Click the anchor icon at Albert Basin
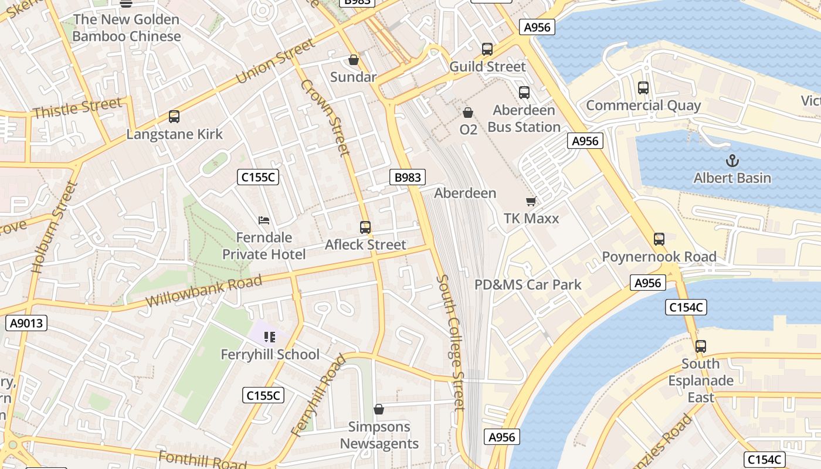click(732, 160)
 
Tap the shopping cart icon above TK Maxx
click(531, 202)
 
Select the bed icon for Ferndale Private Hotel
click(264, 220)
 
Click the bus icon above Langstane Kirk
click(174, 117)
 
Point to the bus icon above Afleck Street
click(365, 227)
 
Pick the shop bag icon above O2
click(468, 112)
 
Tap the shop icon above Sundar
click(354, 60)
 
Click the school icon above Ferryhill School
click(270, 337)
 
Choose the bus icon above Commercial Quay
click(643, 88)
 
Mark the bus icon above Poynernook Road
click(659, 239)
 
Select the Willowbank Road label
click(203, 291)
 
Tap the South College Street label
click(452, 342)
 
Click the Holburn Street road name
click(54, 228)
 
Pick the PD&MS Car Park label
click(528, 285)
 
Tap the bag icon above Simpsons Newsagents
click(379, 409)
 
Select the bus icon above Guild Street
click(487, 49)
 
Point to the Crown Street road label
click(325, 117)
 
